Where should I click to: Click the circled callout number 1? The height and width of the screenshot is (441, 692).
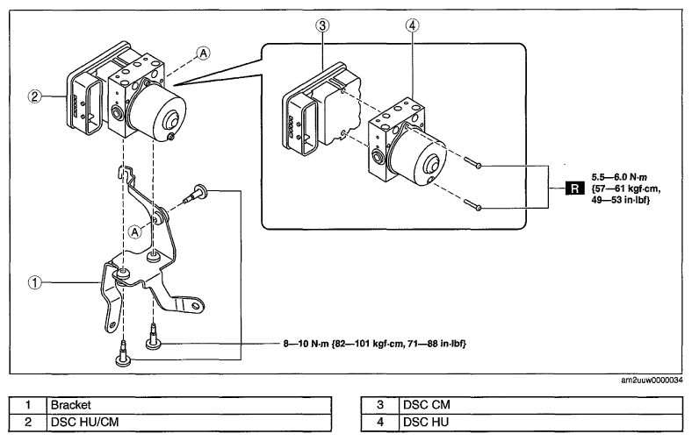(x=35, y=282)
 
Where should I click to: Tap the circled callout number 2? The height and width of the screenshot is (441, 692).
(x=35, y=96)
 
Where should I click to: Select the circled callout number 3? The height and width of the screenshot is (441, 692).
(x=322, y=25)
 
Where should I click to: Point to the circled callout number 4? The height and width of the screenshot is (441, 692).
(x=412, y=25)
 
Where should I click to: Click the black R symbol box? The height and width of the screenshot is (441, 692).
(x=574, y=188)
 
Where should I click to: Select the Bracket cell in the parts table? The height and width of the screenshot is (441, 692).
(x=189, y=405)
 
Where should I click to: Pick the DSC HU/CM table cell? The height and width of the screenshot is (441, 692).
(x=189, y=422)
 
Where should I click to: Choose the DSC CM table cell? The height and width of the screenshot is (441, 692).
(x=542, y=405)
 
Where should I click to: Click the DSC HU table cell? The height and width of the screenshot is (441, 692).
(x=542, y=422)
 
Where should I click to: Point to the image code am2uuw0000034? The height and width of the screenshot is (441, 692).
(x=652, y=381)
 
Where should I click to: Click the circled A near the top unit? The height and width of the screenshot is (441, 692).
(x=203, y=53)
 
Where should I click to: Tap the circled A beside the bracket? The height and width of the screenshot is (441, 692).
(x=135, y=231)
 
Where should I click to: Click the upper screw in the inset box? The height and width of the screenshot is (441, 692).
(x=472, y=162)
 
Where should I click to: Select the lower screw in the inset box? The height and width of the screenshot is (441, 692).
(x=472, y=204)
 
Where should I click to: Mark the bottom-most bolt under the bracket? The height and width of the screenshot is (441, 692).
(x=123, y=354)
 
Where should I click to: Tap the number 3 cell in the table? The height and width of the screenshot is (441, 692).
(x=380, y=405)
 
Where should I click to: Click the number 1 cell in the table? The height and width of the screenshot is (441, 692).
(x=28, y=405)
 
